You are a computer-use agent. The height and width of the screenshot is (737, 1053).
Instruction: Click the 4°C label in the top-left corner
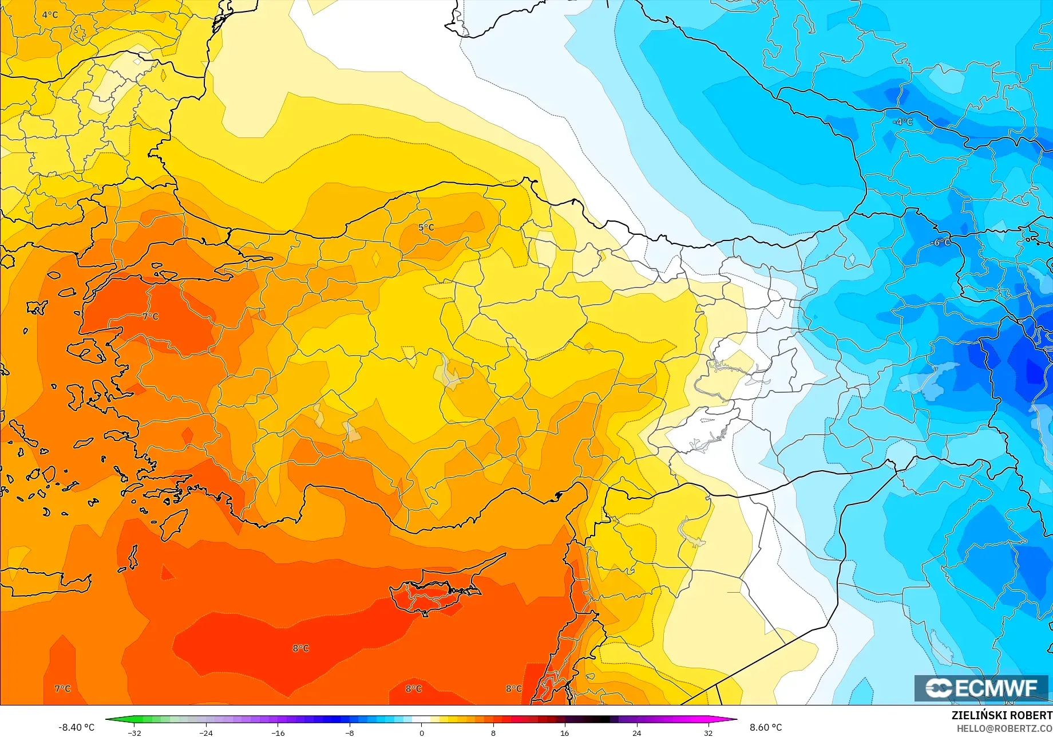click(x=50, y=15)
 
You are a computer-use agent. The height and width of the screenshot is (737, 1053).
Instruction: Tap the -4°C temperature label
click(x=903, y=122)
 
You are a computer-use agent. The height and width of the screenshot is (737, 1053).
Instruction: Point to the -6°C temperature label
click(x=940, y=243)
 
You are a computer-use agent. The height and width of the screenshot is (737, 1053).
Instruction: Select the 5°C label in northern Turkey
click(x=426, y=227)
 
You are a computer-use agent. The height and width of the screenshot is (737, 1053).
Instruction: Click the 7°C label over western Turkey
click(x=151, y=317)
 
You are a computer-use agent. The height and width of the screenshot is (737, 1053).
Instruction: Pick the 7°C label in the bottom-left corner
click(x=63, y=688)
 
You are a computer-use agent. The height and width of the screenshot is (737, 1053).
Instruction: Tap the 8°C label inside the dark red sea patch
click(x=301, y=648)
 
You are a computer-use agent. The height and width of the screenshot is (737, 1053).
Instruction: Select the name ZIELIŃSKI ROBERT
click(x=1001, y=715)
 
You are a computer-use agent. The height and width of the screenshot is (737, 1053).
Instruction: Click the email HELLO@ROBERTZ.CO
click(x=1004, y=728)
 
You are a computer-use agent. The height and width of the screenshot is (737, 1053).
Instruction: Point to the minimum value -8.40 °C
click(x=76, y=727)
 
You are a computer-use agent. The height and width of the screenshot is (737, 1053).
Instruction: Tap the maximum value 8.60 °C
click(x=766, y=727)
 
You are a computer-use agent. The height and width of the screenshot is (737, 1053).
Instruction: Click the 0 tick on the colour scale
click(x=422, y=733)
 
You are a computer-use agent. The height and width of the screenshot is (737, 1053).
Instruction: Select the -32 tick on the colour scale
click(x=134, y=733)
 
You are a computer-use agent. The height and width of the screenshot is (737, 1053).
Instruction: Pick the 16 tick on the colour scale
click(x=565, y=733)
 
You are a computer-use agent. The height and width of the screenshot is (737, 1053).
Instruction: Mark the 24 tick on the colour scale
click(x=636, y=733)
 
